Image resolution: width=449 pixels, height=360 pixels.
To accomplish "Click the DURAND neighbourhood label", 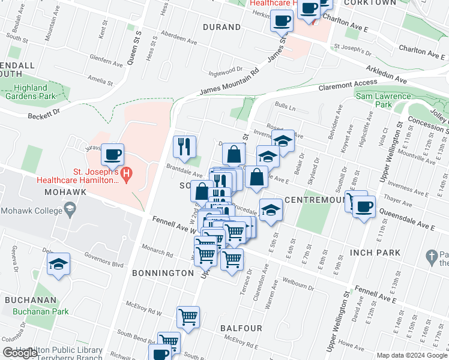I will [x=221, y=27].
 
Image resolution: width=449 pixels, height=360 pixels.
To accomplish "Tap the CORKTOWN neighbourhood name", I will [x=375, y=3].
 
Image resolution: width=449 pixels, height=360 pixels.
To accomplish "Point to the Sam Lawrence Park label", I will [x=383, y=100].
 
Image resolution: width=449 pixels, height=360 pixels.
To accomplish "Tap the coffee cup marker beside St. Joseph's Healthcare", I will [x=112, y=155].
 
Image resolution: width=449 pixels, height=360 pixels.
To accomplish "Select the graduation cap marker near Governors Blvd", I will [x=58, y=264].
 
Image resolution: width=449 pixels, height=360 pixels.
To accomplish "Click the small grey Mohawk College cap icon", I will [x=70, y=208].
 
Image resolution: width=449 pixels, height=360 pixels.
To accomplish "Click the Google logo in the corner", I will [x=20, y=353].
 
